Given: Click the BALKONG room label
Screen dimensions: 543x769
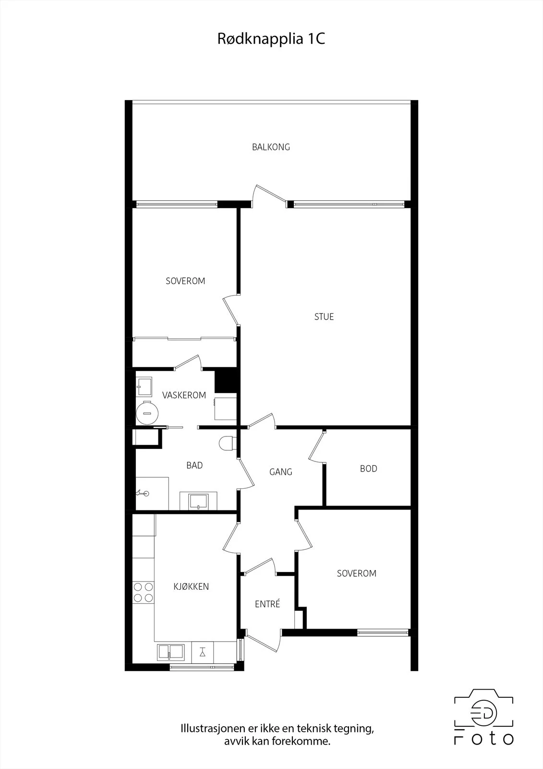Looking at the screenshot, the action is [271, 147].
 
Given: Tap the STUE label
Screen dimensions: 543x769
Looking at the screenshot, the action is [324, 317].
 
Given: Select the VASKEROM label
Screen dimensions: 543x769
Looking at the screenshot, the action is [184, 395].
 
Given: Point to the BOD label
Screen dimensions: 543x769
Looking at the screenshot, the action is [369, 469].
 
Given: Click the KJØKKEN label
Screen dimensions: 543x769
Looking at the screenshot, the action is [191, 586].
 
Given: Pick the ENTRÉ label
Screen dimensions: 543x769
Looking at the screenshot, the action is [267, 604].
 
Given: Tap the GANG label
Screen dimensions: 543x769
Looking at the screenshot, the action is [281, 472].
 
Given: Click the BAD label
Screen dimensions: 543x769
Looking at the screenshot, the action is [194, 465].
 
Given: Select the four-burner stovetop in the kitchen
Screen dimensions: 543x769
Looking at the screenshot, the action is [144, 592].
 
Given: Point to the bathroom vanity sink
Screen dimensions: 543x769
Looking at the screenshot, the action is [199, 501].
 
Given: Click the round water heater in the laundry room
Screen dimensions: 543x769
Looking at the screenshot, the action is [147, 413].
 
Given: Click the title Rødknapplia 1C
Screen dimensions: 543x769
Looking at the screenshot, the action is [271, 39].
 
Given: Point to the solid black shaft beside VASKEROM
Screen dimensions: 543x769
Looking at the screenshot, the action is [226, 380].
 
